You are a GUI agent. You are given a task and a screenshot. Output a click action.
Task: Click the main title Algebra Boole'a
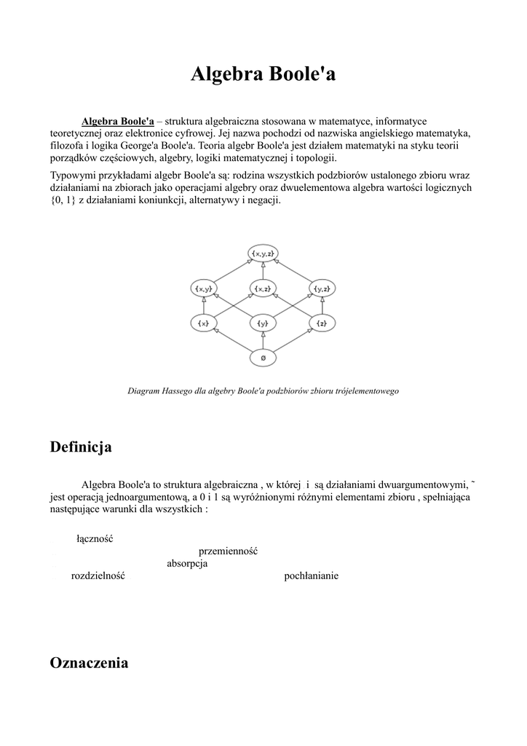click(263, 74)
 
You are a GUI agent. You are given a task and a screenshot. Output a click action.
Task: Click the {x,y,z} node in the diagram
click(263, 254)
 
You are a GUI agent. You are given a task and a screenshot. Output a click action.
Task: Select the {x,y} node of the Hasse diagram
click(204, 288)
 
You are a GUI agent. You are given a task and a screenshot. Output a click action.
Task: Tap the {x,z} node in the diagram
click(263, 288)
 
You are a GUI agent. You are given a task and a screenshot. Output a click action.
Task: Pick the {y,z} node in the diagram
click(322, 288)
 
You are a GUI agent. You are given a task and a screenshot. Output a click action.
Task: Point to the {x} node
click(204, 323)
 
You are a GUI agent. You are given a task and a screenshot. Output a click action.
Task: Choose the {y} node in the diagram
click(263, 323)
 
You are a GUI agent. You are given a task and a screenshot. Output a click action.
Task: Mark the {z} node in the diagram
click(322, 323)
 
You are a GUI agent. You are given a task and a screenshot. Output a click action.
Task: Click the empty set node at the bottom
click(263, 358)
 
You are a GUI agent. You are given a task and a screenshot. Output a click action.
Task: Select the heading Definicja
click(81, 447)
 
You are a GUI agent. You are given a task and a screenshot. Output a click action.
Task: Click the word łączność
click(95, 539)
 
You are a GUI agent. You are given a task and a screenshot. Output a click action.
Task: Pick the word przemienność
click(228, 551)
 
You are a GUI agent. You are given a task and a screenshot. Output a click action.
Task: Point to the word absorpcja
click(187, 564)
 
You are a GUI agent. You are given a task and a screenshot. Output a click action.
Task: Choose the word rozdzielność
click(98, 576)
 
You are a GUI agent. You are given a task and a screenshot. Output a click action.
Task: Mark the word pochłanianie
click(311, 576)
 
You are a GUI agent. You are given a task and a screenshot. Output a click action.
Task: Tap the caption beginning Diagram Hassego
click(263, 391)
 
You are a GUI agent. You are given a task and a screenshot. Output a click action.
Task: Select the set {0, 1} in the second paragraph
click(63, 200)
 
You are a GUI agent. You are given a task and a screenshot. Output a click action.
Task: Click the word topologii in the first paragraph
click(314, 158)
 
